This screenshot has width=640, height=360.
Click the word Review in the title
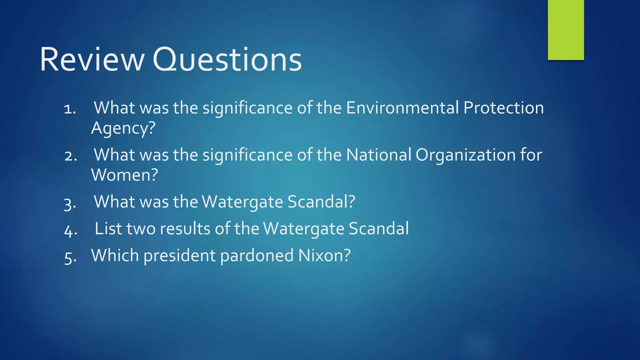(92, 59)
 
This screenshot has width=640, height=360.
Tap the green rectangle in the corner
(566, 30)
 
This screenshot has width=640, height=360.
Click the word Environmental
(402, 108)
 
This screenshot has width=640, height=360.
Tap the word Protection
(503, 108)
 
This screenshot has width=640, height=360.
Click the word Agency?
(123, 128)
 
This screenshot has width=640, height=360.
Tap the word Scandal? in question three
(321, 202)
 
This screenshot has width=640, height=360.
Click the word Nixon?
(324, 255)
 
